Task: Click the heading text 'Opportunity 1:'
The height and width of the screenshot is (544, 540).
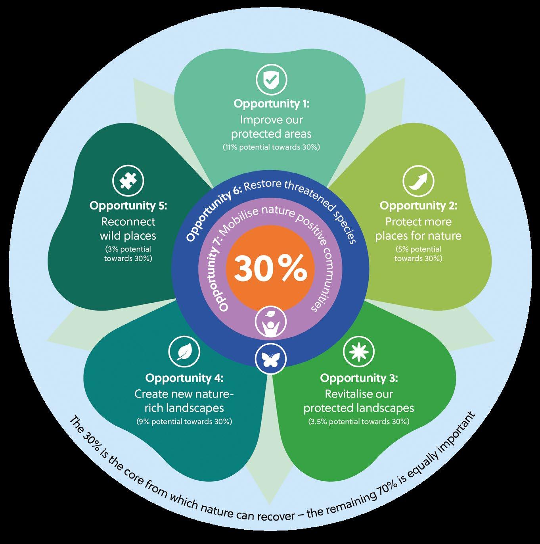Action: click(271, 104)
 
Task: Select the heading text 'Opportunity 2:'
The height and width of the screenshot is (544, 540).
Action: click(418, 206)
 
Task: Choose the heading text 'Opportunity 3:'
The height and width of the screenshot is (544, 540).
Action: click(359, 378)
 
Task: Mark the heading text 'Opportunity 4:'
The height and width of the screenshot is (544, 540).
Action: click(184, 378)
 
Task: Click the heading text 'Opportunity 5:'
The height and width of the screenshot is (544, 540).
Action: click(128, 206)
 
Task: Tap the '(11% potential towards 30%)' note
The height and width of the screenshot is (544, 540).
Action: click(271, 147)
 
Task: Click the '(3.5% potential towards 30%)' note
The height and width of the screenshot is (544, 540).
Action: click(359, 421)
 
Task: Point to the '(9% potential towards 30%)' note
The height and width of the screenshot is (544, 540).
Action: click(184, 421)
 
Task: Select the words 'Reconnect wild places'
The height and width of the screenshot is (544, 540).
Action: click(128, 229)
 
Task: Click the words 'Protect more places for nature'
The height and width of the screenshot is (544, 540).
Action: click(418, 229)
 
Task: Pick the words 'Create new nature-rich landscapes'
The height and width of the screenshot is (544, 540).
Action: click(184, 401)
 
